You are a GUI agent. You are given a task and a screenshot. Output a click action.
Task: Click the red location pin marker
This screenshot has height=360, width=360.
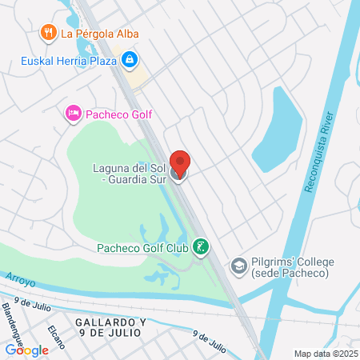click(180, 163)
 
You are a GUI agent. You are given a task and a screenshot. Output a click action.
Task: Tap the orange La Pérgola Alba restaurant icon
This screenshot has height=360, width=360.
click(48, 33)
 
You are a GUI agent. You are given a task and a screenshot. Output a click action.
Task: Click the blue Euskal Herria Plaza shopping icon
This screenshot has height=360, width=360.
click(129, 58)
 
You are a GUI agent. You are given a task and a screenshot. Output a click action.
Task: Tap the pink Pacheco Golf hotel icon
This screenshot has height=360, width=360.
click(72, 114)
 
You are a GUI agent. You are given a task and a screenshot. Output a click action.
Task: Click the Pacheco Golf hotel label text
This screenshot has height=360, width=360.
click(118, 114)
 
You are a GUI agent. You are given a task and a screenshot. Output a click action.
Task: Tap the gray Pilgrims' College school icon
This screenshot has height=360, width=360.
click(238, 266)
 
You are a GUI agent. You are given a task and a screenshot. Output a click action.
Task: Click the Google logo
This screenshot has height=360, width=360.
click(26, 350)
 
